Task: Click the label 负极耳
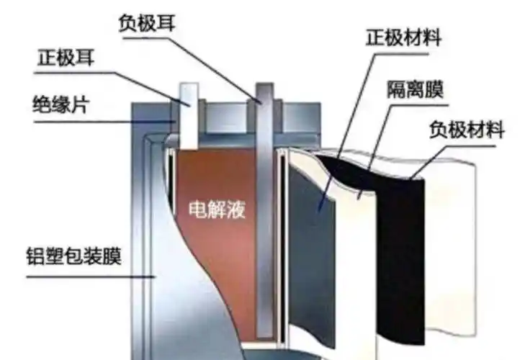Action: [146, 24]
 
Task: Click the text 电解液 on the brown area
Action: [217, 210]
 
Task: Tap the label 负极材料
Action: [467, 130]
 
